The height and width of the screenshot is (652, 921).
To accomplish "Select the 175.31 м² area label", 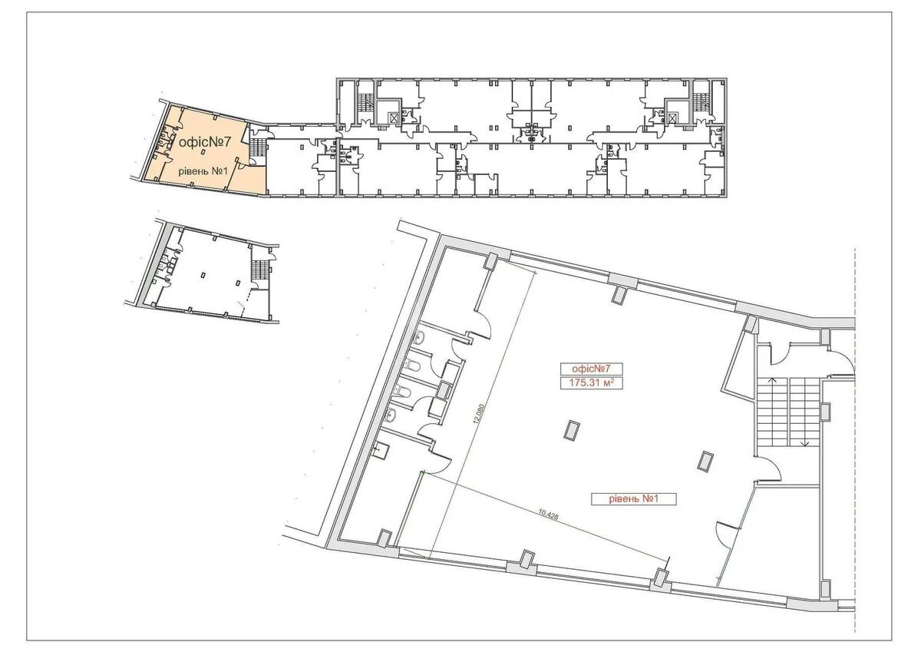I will coord(586,382).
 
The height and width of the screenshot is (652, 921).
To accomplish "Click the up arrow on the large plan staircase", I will coord(774,382).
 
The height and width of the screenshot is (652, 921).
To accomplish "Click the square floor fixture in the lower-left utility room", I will coord(379,449).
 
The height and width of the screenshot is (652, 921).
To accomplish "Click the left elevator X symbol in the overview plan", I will coord(394,117).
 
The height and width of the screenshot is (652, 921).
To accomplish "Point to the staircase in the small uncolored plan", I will coord(261,268).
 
